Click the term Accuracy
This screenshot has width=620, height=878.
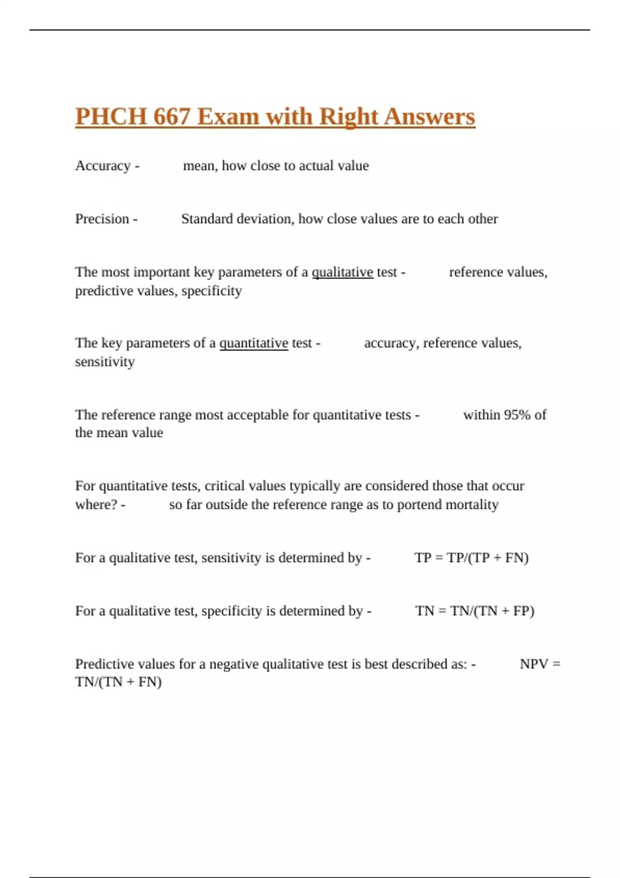coord(103,166)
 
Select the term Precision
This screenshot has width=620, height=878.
coord(102,219)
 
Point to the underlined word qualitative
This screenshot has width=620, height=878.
coord(342,272)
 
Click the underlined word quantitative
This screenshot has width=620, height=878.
coord(254,343)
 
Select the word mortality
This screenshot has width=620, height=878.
coord(472,505)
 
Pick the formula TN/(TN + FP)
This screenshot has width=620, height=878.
coord(492,611)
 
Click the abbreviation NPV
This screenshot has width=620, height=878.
coord(534,664)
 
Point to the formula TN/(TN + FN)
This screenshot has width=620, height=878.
coord(118,682)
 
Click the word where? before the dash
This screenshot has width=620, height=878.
coord(96,505)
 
